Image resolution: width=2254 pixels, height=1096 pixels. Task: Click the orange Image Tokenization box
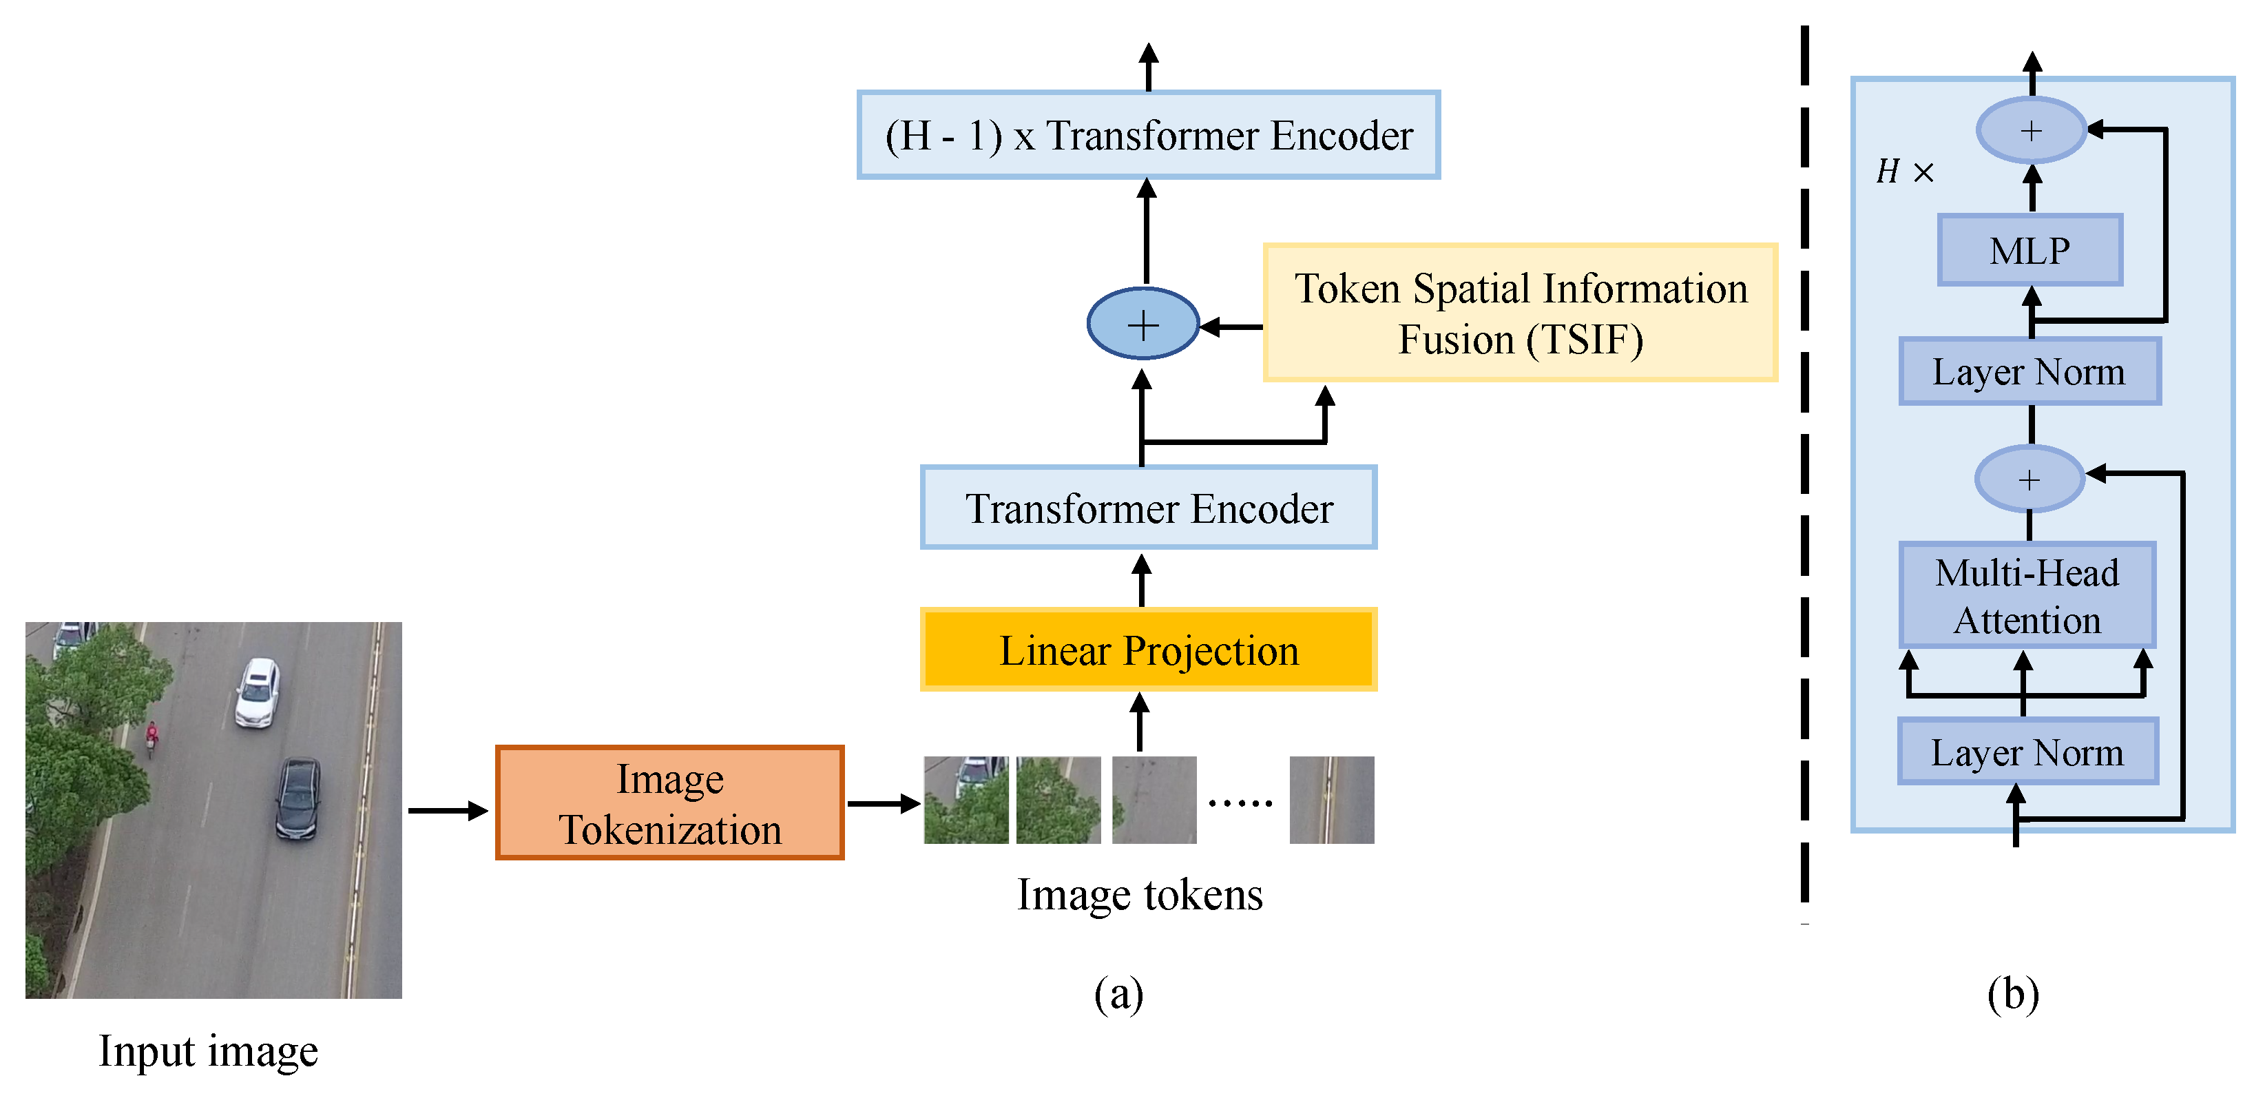[669, 803]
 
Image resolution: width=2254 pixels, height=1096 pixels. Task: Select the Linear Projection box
[1148, 650]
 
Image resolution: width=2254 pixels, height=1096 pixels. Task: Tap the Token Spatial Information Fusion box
[1520, 313]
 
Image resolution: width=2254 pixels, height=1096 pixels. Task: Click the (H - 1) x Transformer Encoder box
[1148, 135]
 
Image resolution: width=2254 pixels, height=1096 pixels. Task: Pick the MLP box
[2030, 250]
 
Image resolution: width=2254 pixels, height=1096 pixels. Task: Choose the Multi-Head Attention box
[2027, 595]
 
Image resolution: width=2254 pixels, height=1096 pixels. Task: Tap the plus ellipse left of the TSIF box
[1142, 324]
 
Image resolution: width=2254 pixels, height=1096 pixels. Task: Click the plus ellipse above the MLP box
[2031, 130]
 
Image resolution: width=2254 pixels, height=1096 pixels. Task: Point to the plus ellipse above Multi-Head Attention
[2029, 479]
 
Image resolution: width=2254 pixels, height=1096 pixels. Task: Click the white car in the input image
[258, 692]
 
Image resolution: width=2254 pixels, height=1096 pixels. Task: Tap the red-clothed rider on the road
[152, 737]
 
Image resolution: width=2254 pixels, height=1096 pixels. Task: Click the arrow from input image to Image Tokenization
[447, 811]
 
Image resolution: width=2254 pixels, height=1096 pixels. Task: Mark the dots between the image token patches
[1240, 802]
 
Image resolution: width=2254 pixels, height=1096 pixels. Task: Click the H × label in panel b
[1904, 172]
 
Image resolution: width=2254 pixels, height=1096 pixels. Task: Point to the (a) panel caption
[1118, 993]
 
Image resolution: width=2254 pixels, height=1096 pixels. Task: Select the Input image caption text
[208, 1051]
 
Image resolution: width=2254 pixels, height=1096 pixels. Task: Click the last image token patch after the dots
[1331, 800]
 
